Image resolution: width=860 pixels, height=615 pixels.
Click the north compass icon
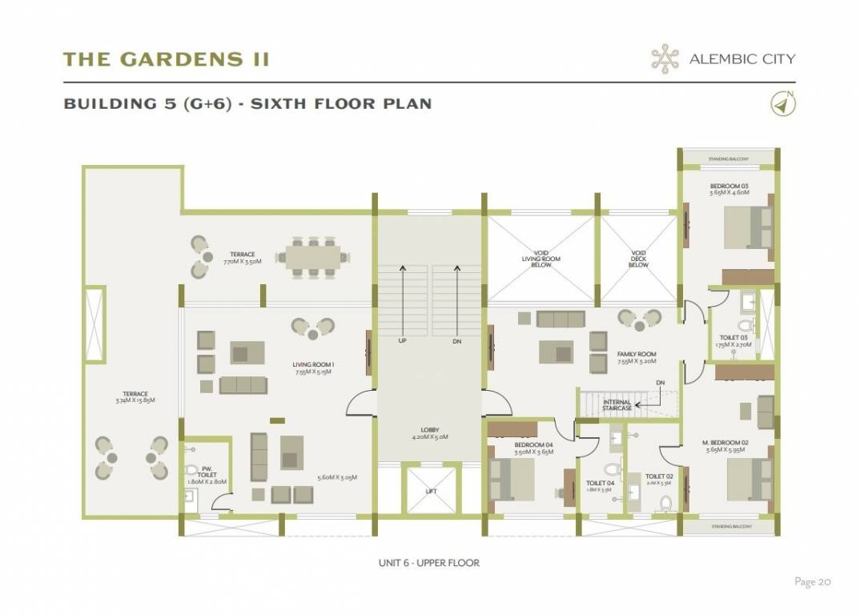coord(781,104)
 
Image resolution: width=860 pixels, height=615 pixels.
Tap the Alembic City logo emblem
coord(664,58)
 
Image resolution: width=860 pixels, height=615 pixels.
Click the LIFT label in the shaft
coord(430,492)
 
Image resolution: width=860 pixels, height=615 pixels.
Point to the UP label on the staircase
coord(403,340)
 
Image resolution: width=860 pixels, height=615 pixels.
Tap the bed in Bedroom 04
coord(510,479)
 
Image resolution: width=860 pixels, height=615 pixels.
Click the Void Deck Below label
coord(638,258)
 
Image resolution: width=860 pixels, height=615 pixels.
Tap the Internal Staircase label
coord(617,405)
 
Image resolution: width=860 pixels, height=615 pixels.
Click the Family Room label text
coord(637,357)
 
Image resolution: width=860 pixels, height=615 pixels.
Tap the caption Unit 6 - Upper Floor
coord(429,563)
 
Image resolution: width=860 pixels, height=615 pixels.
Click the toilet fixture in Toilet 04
coord(613,468)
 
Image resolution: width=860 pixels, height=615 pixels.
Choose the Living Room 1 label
coord(313,368)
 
